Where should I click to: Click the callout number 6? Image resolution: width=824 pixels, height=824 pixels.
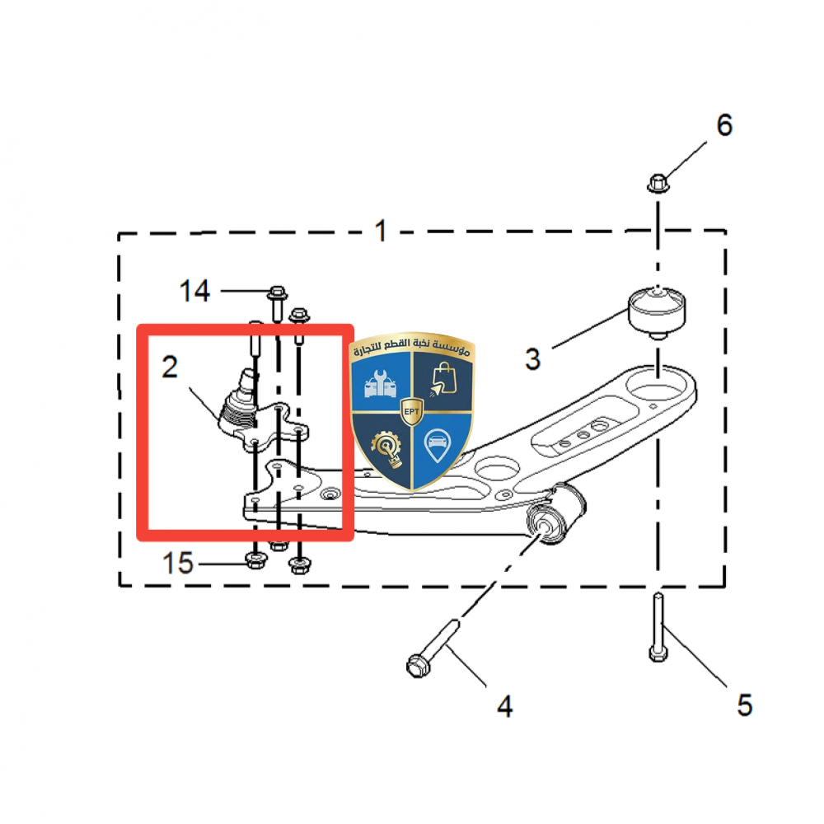724,125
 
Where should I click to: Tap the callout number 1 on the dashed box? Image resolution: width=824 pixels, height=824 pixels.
381,231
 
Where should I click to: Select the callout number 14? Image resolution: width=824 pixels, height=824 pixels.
195,291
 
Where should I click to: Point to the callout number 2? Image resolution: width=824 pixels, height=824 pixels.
170,367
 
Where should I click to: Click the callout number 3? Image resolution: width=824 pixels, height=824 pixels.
533,359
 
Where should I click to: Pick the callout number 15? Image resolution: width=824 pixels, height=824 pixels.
178,563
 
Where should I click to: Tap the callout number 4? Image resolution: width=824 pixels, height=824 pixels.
505,706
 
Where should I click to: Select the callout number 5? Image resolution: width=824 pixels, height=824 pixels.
745,705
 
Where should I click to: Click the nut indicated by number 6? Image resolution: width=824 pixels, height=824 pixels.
658,184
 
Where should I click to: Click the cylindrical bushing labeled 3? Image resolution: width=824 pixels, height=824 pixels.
657,311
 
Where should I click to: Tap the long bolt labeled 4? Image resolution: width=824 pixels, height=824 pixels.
433,649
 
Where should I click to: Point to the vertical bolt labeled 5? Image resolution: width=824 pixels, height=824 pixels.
658,627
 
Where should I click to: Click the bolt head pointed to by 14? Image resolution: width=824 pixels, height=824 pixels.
277,293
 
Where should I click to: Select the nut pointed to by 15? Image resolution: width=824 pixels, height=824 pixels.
255,560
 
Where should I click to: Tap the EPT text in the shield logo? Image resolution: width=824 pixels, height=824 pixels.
411,411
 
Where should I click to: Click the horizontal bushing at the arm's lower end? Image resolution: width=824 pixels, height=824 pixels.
556,515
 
